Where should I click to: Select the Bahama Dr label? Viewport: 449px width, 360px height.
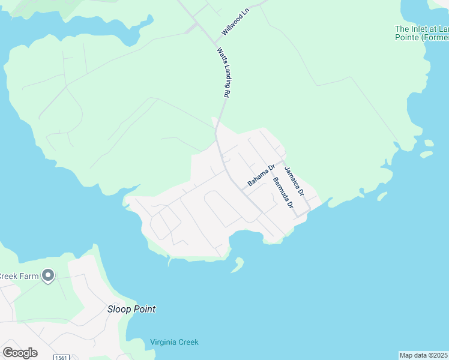pyautogui.click(x=261, y=175)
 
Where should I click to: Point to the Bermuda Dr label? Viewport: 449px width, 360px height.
pyautogui.click(x=283, y=192)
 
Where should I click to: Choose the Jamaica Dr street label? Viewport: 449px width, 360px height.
pyautogui.click(x=294, y=182)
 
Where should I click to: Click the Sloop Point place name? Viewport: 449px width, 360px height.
pyautogui.click(x=131, y=310)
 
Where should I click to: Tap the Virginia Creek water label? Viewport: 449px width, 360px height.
pyautogui.click(x=174, y=343)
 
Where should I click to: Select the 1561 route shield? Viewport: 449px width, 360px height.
pyautogui.click(x=61, y=358)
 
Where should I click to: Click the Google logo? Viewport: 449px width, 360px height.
pyautogui.click(x=20, y=353)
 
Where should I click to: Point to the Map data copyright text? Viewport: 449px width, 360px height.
pyautogui.click(x=424, y=355)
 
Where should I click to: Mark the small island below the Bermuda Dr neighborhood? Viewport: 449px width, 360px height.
pyautogui.click(x=238, y=265)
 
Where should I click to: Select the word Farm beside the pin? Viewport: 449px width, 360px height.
pyautogui.click(x=31, y=276)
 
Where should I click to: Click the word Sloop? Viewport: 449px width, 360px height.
pyautogui.click(x=118, y=310)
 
